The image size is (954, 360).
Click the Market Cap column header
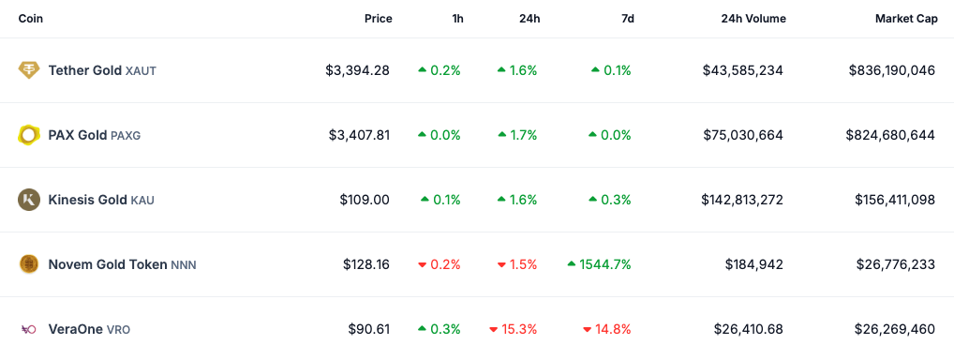tap(904, 19)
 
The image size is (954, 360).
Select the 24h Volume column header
tap(753, 19)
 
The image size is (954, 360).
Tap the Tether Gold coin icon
tap(29, 70)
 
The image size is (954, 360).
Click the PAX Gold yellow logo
tap(29, 135)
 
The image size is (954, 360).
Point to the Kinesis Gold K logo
tap(29, 200)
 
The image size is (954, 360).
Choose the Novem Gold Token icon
tap(29, 264)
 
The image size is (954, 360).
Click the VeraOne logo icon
tap(29, 329)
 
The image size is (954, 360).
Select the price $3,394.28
tap(357, 70)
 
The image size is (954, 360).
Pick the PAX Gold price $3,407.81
tap(359, 135)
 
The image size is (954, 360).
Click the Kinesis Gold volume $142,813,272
tap(741, 200)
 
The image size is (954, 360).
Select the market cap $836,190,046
tap(891, 70)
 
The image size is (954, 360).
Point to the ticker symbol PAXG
tap(126, 136)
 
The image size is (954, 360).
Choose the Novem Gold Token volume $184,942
tap(753, 264)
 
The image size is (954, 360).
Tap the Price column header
tap(378, 19)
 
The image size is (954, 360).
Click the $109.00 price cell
tap(365, 200)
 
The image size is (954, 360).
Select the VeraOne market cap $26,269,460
tap(894, 329)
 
